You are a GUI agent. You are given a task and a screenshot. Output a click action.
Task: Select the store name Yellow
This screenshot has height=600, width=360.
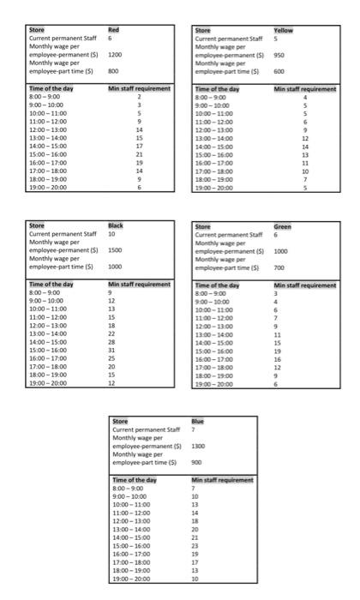283,31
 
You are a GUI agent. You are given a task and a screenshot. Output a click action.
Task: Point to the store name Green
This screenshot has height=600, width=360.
282,226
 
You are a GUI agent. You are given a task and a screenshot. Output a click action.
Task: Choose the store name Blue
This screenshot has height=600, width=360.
198,421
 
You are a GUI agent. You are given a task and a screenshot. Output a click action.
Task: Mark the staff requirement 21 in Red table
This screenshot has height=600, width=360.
139,153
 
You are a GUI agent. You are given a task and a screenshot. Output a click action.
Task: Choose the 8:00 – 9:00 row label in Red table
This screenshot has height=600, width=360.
45,97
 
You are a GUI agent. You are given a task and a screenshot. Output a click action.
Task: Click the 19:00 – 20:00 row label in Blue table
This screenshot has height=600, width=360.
132,579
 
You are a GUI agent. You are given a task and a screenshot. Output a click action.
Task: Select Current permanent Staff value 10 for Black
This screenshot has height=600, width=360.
111,233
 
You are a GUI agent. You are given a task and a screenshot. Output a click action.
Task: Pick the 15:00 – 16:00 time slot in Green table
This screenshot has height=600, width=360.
215,349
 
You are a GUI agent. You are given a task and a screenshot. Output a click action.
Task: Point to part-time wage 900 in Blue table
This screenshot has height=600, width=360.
196,462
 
